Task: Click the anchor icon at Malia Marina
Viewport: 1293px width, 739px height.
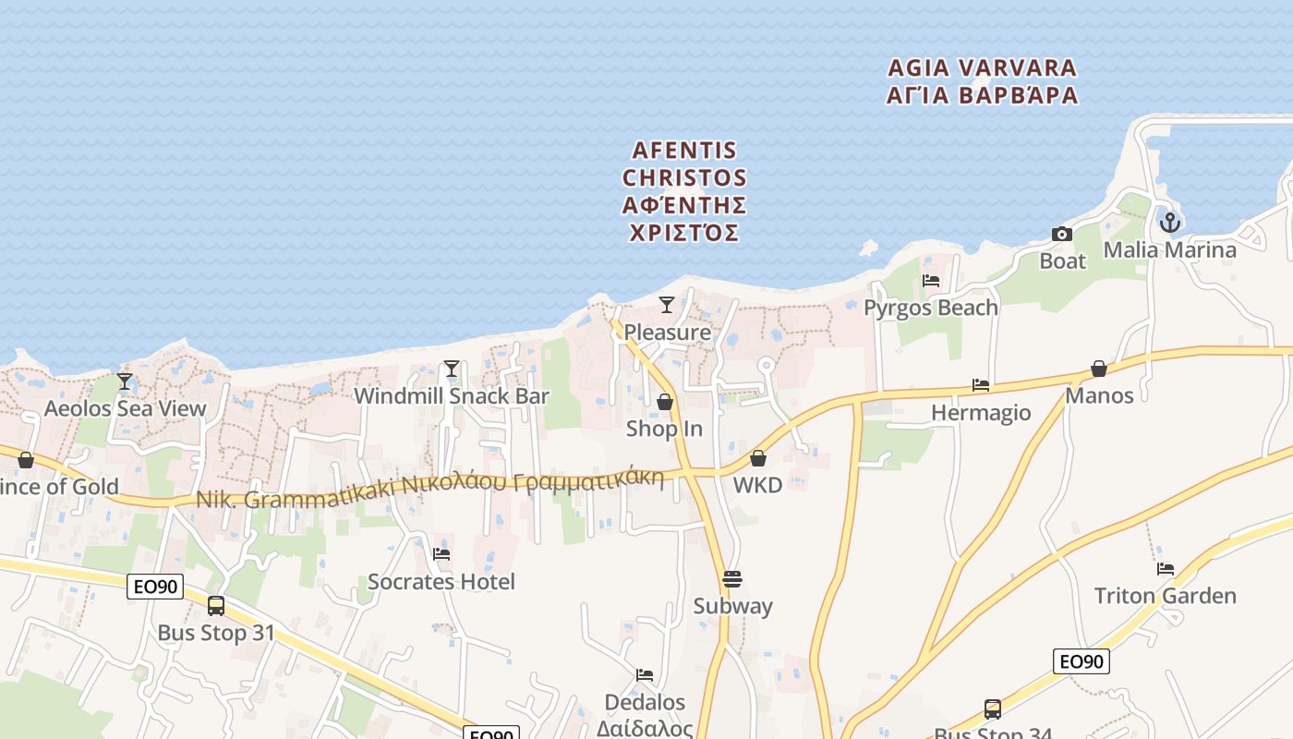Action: (x=1170, y=223)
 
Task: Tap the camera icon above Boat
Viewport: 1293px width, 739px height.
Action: (x=1062, y=235)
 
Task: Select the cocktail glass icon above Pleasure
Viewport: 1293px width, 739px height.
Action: (x=666, y=305)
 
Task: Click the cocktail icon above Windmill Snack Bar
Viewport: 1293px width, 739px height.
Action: (x=451, y=369)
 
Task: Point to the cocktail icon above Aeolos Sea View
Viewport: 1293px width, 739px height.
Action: (x=125, y=382)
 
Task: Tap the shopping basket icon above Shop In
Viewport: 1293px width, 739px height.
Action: (x=664, y=402)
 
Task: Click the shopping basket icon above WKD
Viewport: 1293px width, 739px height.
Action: (x=758, y=458)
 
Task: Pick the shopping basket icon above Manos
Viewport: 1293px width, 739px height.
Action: (x=1098, y=369)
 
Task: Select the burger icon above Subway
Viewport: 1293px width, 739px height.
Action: (x=732, y=579)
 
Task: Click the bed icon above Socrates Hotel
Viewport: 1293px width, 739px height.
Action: (x=441, y=554)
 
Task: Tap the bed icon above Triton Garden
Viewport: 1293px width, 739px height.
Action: (x=1166, y=569)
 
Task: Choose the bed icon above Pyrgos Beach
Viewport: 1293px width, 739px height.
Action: (x=931, y=281)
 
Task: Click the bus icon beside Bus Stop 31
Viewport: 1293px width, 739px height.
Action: (x=216, y=606)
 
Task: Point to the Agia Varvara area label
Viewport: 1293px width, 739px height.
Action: (x=982, y=81)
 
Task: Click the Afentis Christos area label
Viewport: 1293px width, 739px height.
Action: (x=684, y=190)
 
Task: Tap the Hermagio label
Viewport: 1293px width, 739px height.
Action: (x=981, y=412)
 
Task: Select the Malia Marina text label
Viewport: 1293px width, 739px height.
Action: (x=1169, y=249)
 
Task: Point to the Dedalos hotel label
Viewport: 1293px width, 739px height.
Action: (x=645, y=703)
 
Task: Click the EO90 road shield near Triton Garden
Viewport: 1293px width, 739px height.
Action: (x=1082, y=661)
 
